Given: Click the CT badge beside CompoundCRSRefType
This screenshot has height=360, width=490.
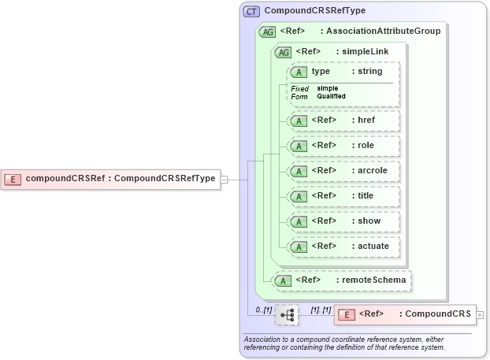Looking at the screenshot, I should [252, 12].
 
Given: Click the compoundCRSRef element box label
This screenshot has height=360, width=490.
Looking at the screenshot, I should [121, 179].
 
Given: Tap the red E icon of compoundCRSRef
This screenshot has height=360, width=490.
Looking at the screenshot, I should [13, 179].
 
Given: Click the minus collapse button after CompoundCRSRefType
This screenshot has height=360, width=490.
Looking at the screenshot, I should [225, 179].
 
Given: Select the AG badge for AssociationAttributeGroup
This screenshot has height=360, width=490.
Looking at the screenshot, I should [268, 32].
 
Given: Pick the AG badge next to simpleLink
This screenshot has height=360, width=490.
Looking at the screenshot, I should [282, 52].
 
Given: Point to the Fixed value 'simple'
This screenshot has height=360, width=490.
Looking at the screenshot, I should [328, 88].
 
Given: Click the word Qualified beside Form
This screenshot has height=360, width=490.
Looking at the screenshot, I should [331, 96].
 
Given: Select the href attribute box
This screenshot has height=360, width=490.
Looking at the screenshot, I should [343, 121].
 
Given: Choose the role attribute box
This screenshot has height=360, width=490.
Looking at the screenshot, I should [343, 146].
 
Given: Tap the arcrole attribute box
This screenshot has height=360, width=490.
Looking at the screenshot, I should [343, 171].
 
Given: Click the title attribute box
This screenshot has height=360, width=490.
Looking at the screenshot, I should [343, 196].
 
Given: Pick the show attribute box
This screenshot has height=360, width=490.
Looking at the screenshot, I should [343, 221].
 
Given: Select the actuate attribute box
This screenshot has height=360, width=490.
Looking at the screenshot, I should [343, 247].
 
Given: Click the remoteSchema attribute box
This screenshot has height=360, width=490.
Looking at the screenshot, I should [340, 280].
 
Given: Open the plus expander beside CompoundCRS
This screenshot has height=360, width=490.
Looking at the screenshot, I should [480, 315].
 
